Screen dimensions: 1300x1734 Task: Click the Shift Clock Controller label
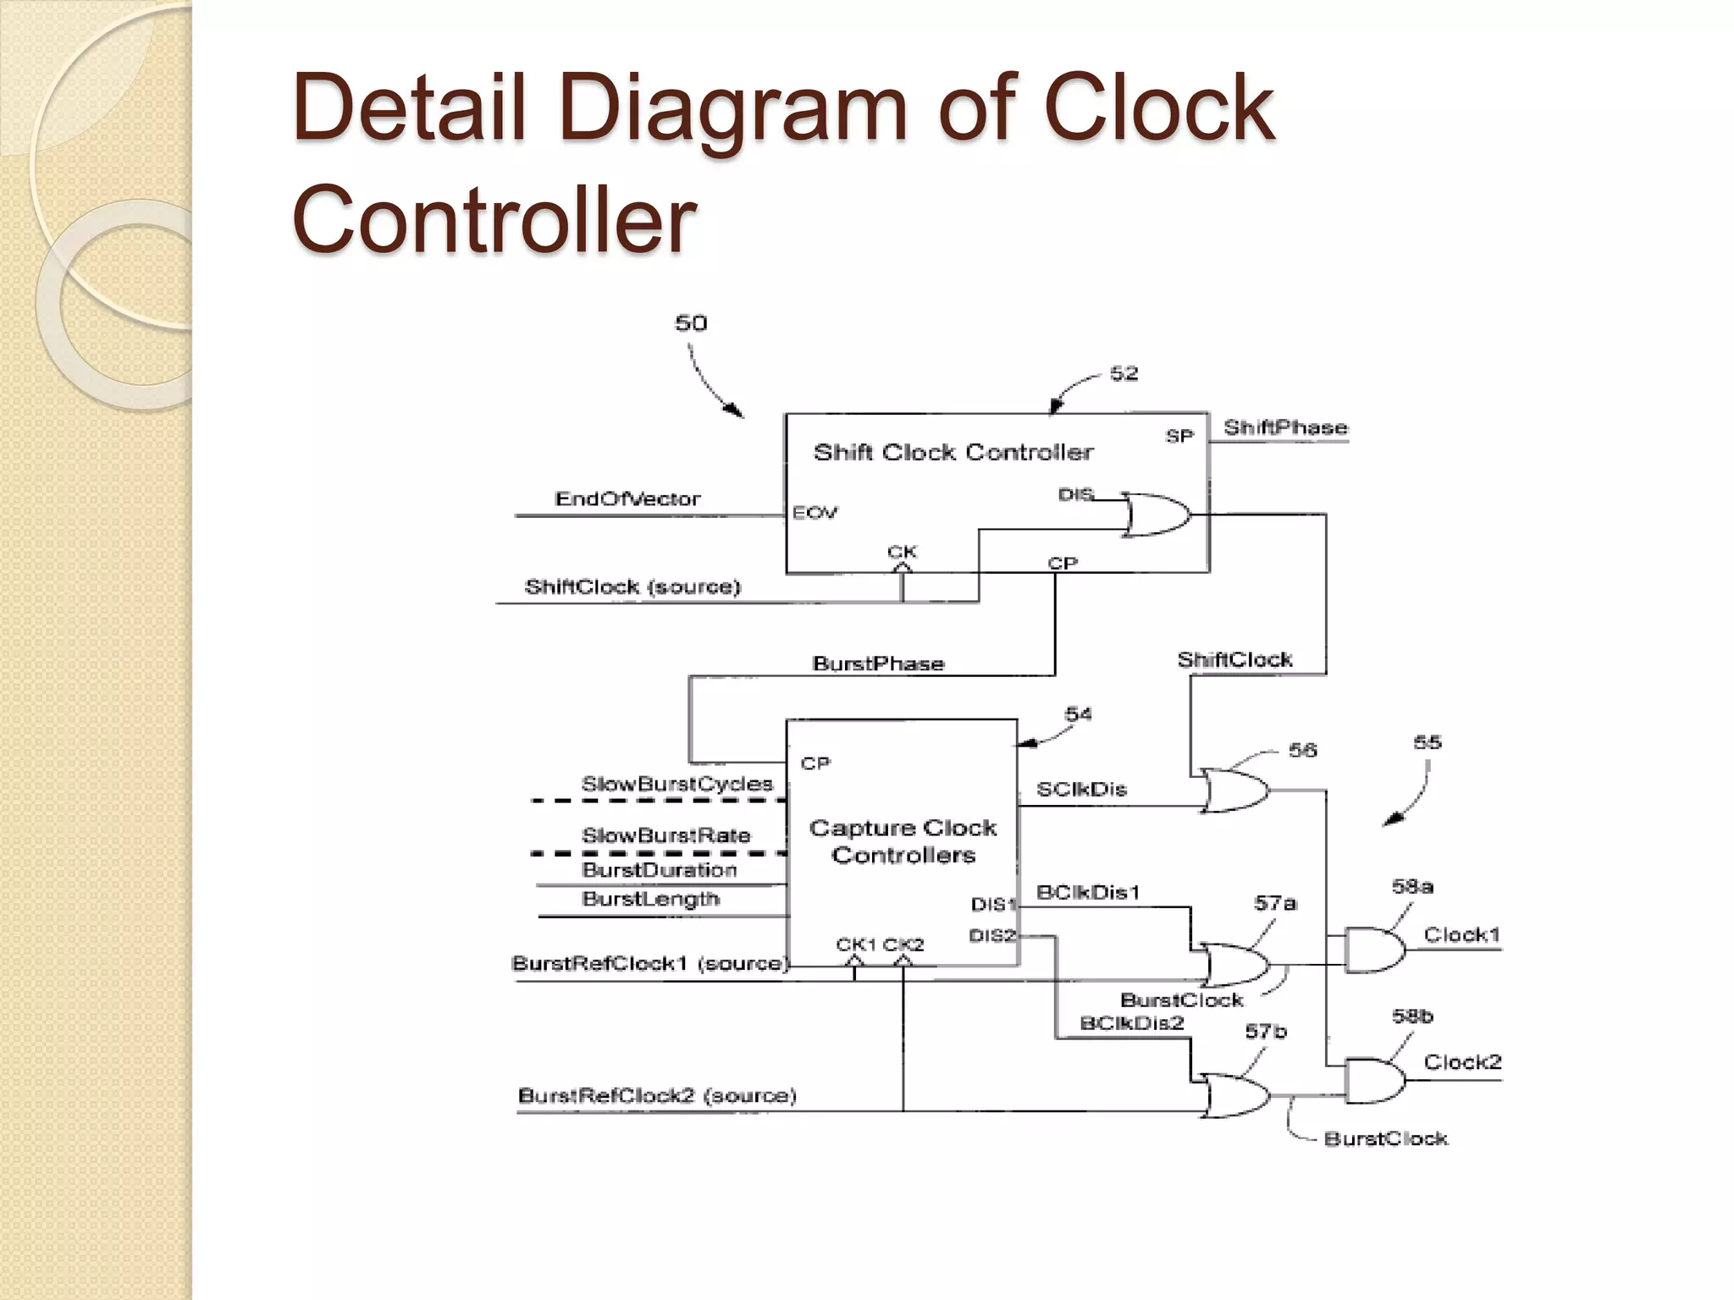(953, 453)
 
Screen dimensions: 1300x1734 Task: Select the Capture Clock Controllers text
(903, 841)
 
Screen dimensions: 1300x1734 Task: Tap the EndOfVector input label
(627, 499)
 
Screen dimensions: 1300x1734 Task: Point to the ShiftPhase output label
(1284, 428)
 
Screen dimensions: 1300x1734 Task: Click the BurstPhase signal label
(878, 664)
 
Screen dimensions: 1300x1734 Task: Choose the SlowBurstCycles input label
(676, 785)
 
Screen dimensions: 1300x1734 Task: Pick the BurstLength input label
(650, 899)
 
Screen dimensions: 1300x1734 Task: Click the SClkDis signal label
(1081, 790)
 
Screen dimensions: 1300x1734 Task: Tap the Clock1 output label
(1461, 935)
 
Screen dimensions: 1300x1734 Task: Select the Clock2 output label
(1462, 1062)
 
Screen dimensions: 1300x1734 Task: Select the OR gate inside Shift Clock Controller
(1157, 515)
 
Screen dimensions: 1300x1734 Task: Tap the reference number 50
(691, 323)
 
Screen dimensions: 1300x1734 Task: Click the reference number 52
(1124, 374)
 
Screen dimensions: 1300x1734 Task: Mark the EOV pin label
(815, 513)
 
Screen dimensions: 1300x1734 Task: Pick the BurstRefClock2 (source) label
(657, 1096)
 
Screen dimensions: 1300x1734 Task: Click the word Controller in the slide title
(494, 220)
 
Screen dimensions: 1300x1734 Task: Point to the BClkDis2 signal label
(1131, 1023)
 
